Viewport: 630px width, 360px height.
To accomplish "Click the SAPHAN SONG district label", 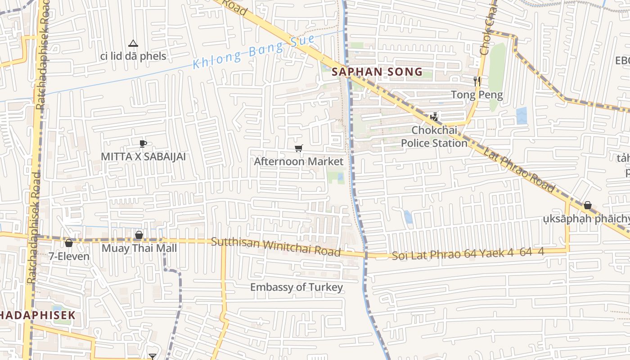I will tap(377, 72).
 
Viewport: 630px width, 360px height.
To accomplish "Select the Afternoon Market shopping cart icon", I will tap(299, 148).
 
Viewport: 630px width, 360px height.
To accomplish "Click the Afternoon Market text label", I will tap(299, 161).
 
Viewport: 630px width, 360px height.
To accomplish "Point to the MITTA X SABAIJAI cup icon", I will tap(143, 144).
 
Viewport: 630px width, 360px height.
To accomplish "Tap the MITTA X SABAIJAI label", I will tap(143, 157).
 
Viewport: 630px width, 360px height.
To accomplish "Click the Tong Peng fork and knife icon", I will tap(477, 81).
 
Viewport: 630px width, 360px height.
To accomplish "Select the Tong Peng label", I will tap(477, 94).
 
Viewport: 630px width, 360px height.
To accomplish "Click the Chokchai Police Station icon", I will tap(434, 117).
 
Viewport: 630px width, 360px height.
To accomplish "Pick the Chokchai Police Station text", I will tap(434, 136).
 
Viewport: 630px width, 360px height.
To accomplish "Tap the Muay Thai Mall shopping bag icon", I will tap(139, 235).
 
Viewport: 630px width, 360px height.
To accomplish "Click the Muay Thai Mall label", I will tap(139, 248).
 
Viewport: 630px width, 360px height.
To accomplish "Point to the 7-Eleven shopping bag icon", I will tap(69, 243).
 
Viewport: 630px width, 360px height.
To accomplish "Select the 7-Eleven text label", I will tap(69, 256).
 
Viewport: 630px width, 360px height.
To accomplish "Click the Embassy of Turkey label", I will tap(297, 287).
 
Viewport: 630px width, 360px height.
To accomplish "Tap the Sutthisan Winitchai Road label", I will tap(276, 246).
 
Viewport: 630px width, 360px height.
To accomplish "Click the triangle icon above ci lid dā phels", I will tap(133, 44).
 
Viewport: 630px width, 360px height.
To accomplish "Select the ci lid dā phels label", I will tap(133, 56).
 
